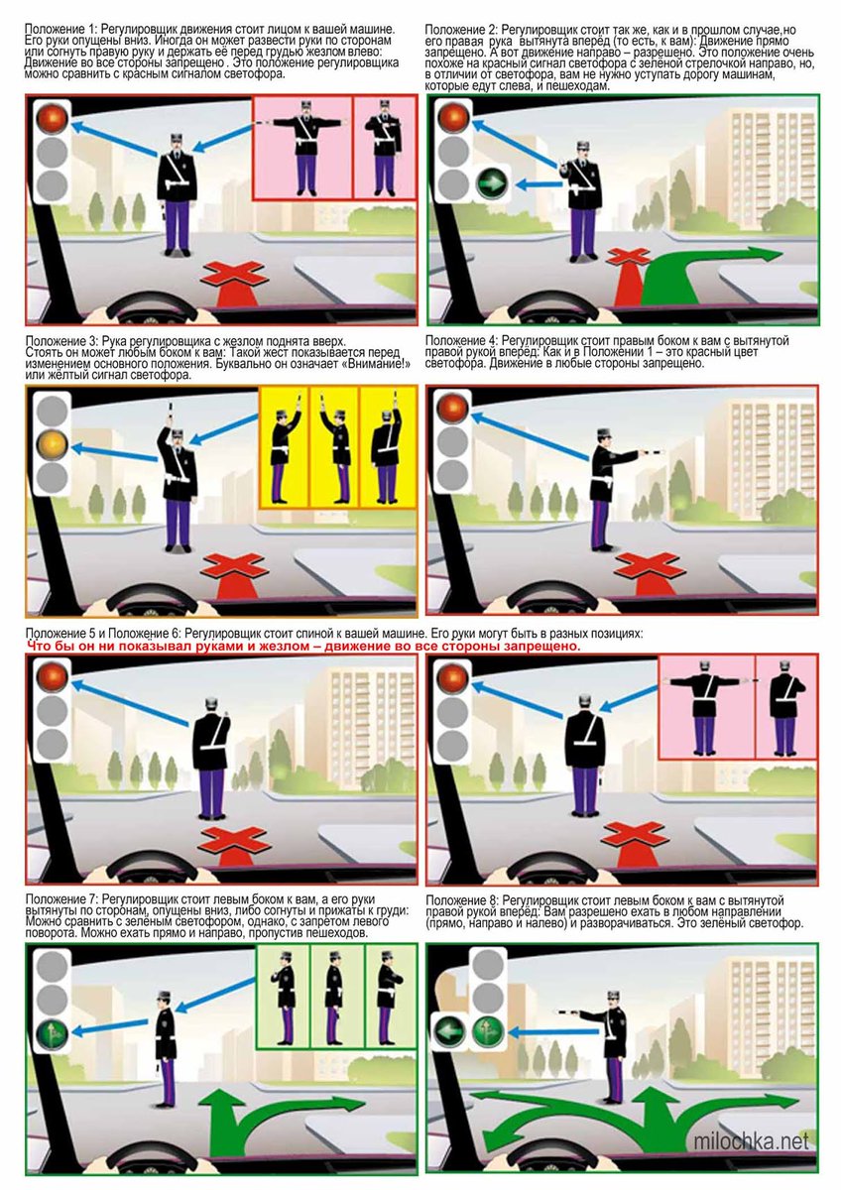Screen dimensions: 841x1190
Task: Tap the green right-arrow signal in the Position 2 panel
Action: (493, 184)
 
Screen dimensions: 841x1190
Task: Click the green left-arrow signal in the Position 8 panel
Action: (450, 1031)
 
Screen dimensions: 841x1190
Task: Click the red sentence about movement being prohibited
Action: (303, 647)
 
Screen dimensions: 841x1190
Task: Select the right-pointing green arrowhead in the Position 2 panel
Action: (765, 253)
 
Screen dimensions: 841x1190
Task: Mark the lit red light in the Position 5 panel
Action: (52, 677)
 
